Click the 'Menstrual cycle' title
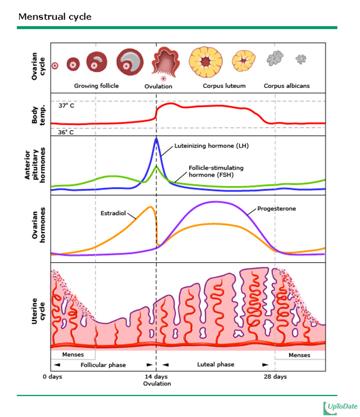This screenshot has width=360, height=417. (x=55, y=16)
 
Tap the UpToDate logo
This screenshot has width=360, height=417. (x=340, y=407)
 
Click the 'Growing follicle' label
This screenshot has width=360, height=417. (x=97, y=86)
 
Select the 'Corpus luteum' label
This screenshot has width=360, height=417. (x=224, y=86)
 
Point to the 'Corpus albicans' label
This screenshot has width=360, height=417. (x=286, y=86)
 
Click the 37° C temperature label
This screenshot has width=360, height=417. (x=66, y=105)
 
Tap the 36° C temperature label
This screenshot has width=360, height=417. (x=66, y=132)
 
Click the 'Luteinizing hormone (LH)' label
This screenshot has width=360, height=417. (x=211, y=146)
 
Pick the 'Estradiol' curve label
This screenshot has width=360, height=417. (x=113, y=212)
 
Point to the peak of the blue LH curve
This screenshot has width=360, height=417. (x=156, y=138)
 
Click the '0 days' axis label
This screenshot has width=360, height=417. (x=53, y=377)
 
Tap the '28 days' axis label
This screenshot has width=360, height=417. (x=275, y=377)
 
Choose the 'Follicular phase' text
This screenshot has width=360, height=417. (x=103, y=365)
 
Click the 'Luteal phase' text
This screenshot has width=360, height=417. (x=216, y=365)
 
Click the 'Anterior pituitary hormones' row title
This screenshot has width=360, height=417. (x=36, y=165)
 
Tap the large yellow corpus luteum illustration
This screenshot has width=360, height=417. (x=207, y=61)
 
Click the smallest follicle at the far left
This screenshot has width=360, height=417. (x=55, y=66)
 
